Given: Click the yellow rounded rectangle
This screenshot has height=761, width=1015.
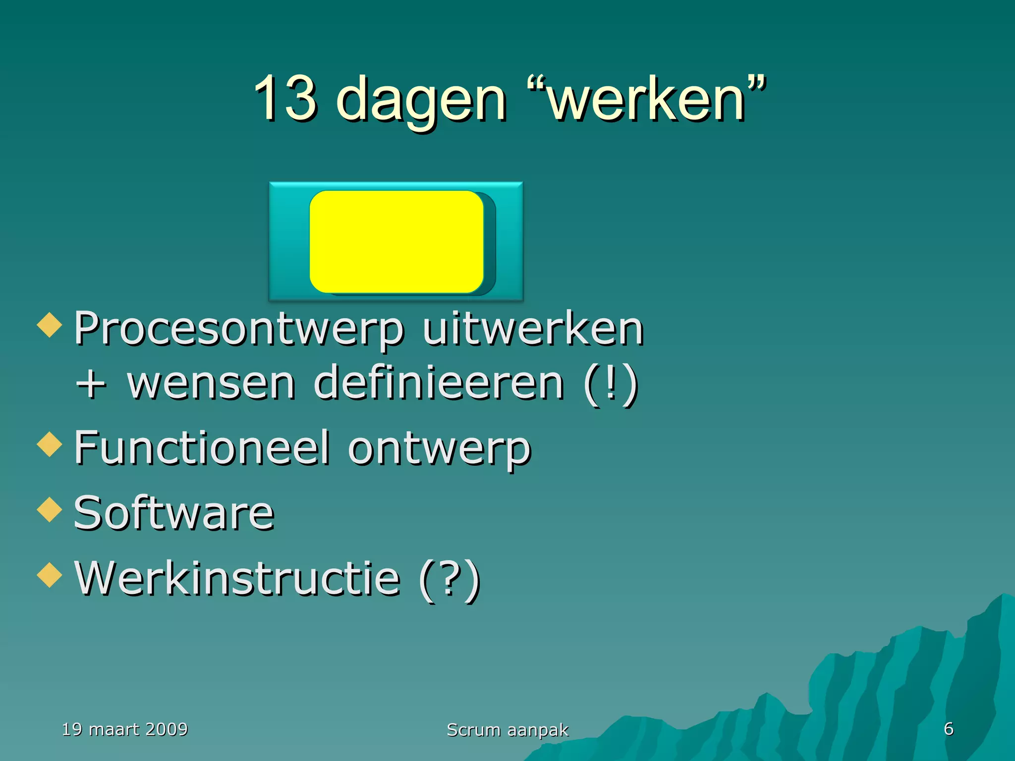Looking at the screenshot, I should [x=396, y=241].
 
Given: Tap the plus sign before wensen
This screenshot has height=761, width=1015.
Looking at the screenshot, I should [x=91, y=384].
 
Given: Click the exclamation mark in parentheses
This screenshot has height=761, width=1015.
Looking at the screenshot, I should [x=611, y=384].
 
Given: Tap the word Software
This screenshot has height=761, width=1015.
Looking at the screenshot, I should [x=174, y=513].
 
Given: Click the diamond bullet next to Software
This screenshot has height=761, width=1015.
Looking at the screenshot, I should [x=50, y=510].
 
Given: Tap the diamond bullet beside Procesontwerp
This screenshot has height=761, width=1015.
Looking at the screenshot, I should [x=50, y=325].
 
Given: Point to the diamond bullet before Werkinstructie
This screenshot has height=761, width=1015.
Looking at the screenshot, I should [x=50, y=575].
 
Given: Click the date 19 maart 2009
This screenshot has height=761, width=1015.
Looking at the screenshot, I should [x=125, y=729].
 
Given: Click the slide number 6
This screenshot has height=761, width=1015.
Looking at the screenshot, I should [x=949, y=729].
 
